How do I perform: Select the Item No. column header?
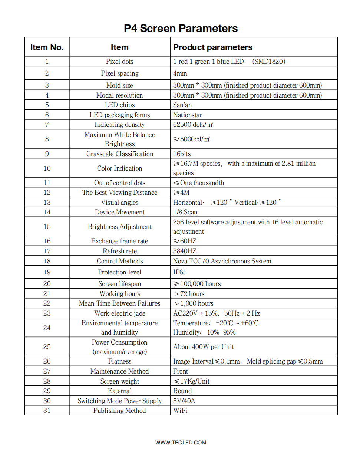(x=47, y=47)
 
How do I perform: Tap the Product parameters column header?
(x=213, y=47)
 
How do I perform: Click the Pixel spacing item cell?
(x=120, y=73)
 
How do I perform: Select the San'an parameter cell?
(x=182, y=105)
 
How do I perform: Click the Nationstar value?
(x=188, y=115)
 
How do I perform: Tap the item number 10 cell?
(x=47, y=168)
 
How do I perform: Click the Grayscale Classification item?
(x=120, y=154)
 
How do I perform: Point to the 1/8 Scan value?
(x=185, y=212)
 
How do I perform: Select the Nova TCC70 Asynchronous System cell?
(x=222, y=261)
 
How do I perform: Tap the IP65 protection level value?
(x=180, y=272)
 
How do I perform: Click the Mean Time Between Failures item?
(x=120, y=303)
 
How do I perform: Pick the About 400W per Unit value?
(x=204, y=347)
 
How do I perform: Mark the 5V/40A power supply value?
(x=184, y=401)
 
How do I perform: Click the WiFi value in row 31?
(x=180, y=411)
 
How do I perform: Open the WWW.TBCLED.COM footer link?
(x=181, y=443)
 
